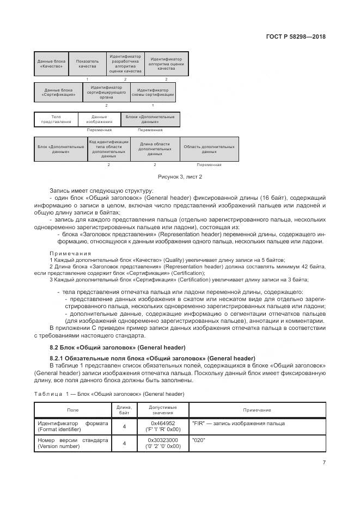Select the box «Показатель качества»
pos(87,64)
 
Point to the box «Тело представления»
pos(56,119)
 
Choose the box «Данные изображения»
pos(99,119)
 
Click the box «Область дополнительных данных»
pos(209,149)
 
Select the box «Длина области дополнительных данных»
pos(155,149)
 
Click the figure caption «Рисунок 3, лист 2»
pos(180,177)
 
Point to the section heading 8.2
pos(118,347)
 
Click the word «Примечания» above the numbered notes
pos(70,254)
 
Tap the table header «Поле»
pos(72,410)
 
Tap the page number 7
pos(324,463)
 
